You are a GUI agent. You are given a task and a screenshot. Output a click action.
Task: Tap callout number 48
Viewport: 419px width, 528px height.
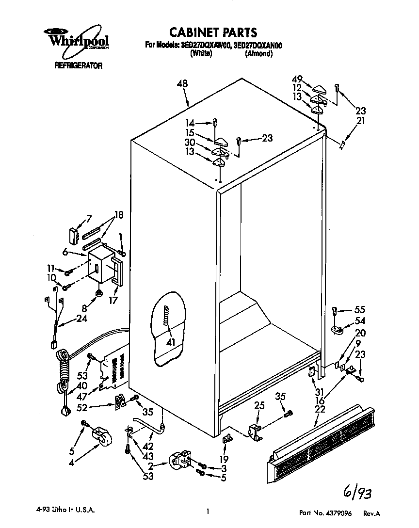pos(182,84)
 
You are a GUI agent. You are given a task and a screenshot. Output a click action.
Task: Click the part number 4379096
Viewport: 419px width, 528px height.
pos(347,512)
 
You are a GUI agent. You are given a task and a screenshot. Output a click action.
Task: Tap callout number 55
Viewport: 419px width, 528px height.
pos(359,309)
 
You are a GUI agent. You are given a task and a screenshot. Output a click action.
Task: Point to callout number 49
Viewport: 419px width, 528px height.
pos(297,79)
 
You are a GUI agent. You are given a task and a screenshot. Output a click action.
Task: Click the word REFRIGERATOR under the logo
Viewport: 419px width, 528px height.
pos(78,66)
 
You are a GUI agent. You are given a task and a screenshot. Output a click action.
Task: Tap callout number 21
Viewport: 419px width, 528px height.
pos(360,121)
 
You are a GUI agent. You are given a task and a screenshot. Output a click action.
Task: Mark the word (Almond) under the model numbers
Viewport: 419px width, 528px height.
pos(258,54)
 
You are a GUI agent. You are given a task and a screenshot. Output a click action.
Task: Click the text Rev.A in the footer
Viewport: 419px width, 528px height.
pos(372,512)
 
